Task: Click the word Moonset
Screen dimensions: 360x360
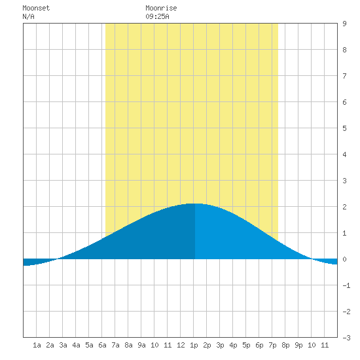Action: coord(36,8)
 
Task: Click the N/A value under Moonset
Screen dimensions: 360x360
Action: coord(28,16)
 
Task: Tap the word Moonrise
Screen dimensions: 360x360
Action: coord(161,8)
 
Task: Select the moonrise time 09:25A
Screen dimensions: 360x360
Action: coord(157,16)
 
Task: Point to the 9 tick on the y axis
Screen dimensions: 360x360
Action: coord(344,24)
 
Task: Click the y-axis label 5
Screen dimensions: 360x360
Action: coord(344,128)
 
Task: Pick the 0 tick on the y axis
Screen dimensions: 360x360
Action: coord(344,259)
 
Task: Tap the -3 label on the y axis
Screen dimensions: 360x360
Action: coord(346,338)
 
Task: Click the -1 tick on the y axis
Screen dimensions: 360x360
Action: coord(346,285)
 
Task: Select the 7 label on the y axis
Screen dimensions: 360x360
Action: coord(344,76)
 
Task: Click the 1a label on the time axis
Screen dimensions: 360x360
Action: coord(37,345)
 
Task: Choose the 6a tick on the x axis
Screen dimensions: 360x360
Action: coord(102,345)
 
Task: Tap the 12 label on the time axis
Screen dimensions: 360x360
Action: coord(181,345)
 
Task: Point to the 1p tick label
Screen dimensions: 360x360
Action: coord(194,346)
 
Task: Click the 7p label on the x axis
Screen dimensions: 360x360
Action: coord(272,346)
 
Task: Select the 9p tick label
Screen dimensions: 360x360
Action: coord(298,346)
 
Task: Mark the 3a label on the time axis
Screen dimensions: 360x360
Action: coord(63,345)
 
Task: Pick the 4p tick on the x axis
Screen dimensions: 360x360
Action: coord(233,346)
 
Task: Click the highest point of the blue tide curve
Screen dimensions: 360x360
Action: coord(194,204)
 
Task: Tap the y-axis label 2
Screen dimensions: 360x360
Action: coord(344,207)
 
